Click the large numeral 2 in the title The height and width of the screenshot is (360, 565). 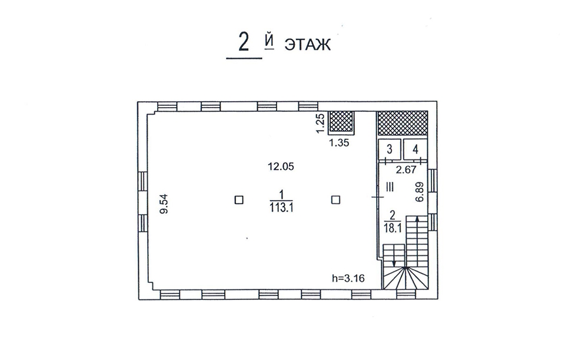244,43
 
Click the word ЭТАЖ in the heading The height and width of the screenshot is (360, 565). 308,45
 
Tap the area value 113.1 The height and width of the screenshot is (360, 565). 281,208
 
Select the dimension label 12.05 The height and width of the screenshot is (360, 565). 281,166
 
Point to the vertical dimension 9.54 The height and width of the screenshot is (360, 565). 164,204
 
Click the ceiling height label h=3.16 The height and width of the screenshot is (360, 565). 348,278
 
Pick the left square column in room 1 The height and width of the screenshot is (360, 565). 239,200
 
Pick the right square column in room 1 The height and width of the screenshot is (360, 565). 336,200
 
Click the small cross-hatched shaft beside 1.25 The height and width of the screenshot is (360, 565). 341,122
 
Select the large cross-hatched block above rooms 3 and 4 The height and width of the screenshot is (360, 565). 403,123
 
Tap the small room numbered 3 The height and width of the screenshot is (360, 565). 390,149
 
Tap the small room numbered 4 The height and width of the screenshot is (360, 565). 416,149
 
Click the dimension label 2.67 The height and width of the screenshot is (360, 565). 406,169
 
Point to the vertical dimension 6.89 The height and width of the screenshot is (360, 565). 420,192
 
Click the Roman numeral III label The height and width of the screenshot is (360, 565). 390,187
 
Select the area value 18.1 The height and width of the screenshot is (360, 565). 393,228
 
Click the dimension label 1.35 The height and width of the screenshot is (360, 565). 339,143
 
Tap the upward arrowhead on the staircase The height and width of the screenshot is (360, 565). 417,219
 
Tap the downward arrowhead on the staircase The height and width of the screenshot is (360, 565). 394,263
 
